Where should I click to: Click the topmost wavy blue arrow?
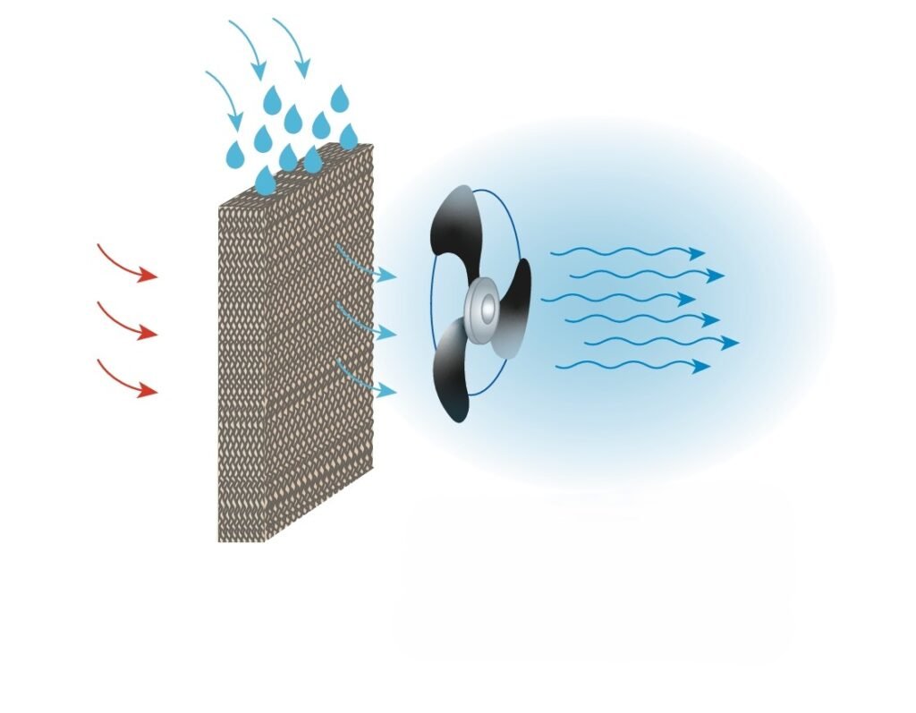point(626,252)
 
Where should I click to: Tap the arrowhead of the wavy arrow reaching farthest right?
point(731,342)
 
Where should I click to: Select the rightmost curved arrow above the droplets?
point(293,45)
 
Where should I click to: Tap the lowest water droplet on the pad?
point(265,182)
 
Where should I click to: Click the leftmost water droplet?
point(235,154)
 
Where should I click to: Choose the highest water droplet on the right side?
point(339,98)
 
